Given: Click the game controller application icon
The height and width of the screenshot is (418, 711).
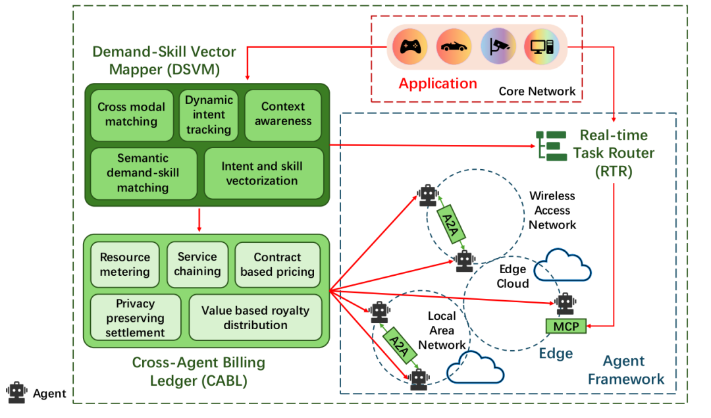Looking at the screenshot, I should point(410,47).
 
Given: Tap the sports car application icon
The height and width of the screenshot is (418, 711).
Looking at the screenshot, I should point(454,47).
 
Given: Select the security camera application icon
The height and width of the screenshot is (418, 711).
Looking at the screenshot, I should point(498,47).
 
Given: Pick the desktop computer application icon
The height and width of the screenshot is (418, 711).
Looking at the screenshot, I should point(542,47).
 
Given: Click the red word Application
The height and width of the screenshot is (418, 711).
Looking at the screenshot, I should point(438,84).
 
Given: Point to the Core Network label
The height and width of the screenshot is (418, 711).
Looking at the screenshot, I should point(537,91).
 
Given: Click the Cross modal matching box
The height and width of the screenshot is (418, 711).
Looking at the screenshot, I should point(132,115).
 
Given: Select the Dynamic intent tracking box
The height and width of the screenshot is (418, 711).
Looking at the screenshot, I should point(209,115).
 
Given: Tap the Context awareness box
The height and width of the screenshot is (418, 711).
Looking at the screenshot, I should point(283,115).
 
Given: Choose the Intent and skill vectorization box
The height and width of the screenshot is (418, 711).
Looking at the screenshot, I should point(263,173).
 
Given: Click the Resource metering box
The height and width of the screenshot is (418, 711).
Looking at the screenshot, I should point(124,265).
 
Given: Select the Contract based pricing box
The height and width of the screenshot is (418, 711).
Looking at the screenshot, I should point(277,265).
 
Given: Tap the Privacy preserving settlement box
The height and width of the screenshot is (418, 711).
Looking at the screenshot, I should point(135,318).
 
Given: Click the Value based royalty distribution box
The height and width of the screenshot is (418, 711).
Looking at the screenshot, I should point(255,318).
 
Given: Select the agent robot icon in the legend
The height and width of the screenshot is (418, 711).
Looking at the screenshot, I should point(16,393).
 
